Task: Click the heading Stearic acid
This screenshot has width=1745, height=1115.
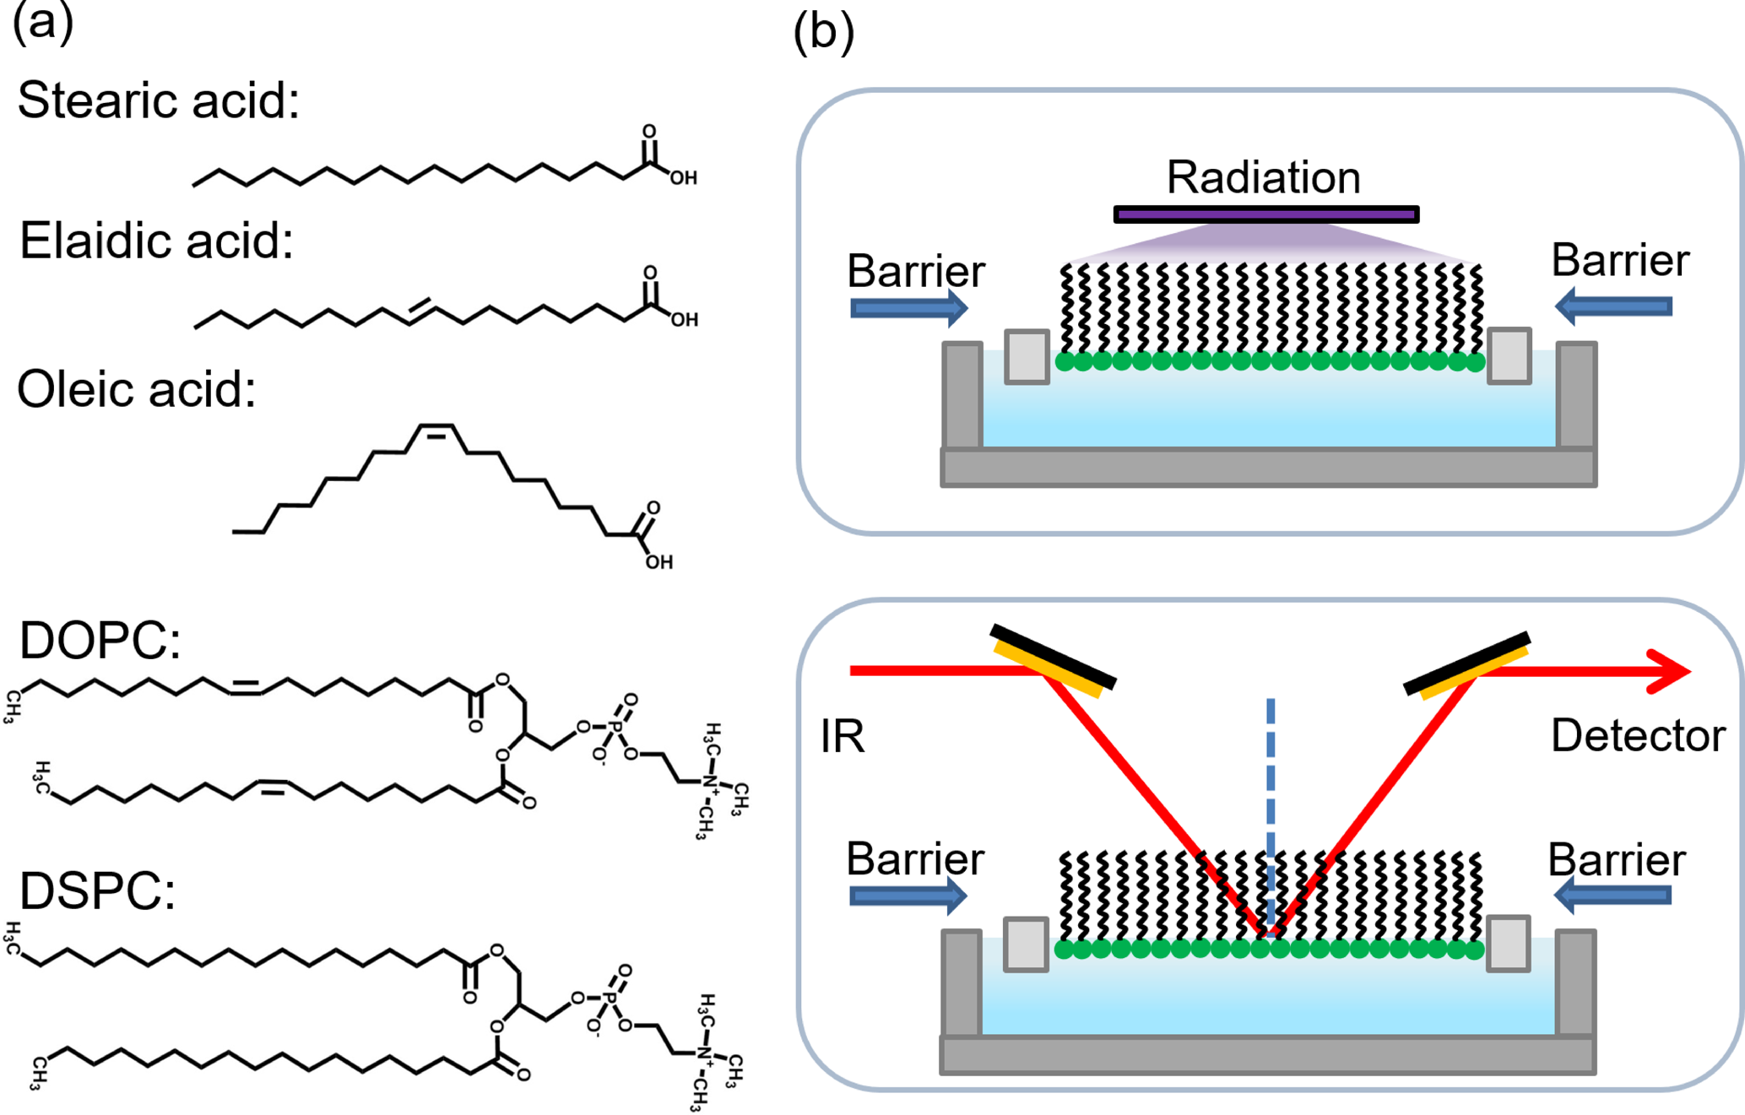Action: [x=158, y=101]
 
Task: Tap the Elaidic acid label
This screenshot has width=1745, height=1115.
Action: [x=156, y=241]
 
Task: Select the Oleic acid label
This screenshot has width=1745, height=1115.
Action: [x=136, y=390]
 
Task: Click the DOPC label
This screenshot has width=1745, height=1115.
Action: [x=100, y=641]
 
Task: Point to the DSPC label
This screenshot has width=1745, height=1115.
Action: [x=97, y=891]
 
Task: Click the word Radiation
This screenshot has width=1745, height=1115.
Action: [x=1263, y=178]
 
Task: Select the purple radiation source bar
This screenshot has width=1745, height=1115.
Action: [x=1265, y=214]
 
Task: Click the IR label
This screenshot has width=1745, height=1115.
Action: [x=843, y=736]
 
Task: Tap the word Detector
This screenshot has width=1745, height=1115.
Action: [x=1638, y=736]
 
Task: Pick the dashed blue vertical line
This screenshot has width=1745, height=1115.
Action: [x=1270, y=810]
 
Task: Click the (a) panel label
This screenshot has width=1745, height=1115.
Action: [x=42, y=22]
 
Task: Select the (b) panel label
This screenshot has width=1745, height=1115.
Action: [x=823, y=34]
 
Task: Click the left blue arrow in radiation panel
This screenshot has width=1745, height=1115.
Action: [x=908, y=308]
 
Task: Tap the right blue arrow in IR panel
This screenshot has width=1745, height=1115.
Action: [x=1612, y=896]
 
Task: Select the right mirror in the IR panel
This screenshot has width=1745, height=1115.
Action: [x=1467, y=666]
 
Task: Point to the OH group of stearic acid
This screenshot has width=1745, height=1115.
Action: [x=683, y=178]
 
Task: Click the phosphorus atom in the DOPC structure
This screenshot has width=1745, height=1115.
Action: [x=615, y=727]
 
